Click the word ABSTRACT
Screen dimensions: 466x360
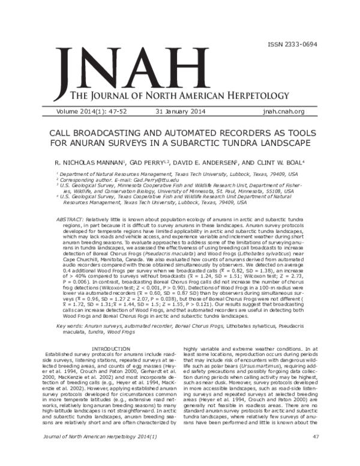pos(70,220)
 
